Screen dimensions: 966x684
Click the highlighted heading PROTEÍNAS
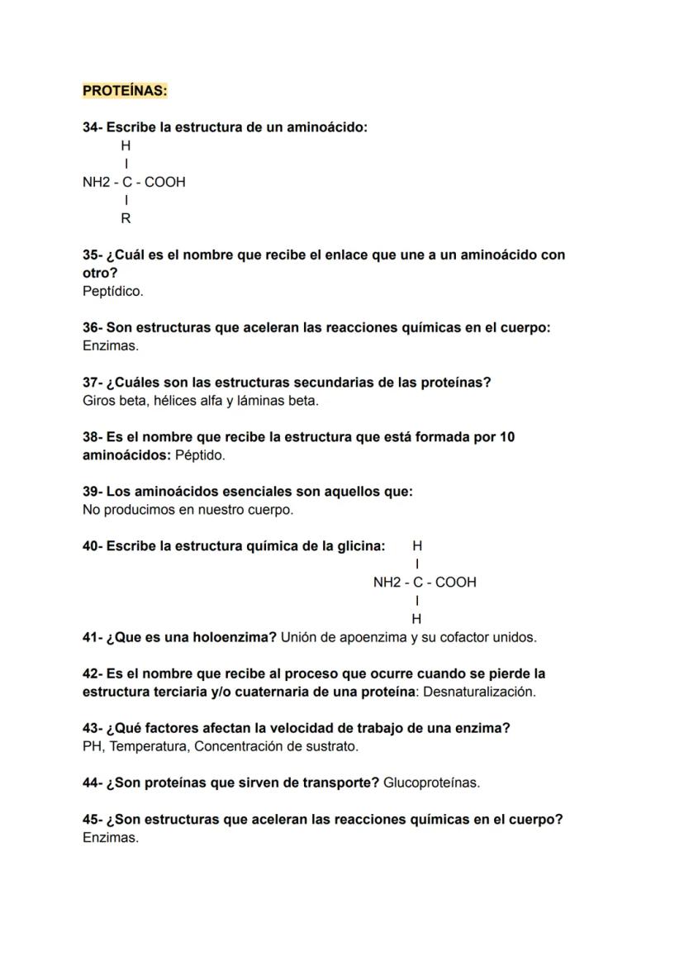[x=125, y=91]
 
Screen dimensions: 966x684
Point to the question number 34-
[x=93, y=127]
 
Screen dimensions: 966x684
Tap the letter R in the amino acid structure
[x=126, y=219]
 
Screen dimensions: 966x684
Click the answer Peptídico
[x=112, y=291]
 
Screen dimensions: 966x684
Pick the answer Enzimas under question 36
[x=111, y=345]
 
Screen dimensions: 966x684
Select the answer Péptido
[x=200, y=455]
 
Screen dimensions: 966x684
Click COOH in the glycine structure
[x=455, y=582]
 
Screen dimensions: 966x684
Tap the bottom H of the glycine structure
[x=416, y=618]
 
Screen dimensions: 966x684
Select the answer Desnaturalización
[x=478, y=692]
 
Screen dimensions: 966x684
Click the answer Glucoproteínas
[x=430, y=783]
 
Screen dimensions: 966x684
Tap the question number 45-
[x=93, y=820]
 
